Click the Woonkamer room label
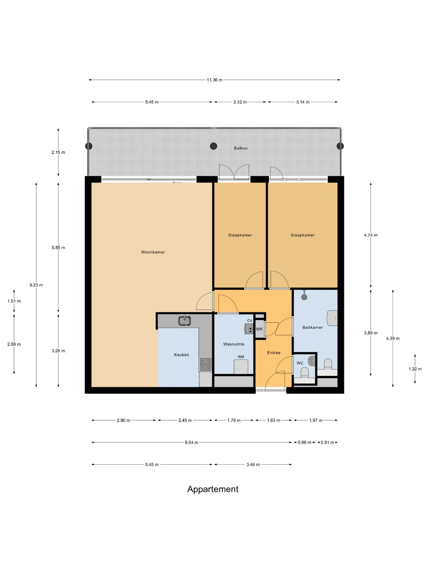(x=153, y=252)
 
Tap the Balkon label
(x=241, y=148)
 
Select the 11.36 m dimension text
(x=214, y=80)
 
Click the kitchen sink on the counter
(x=185, y=321)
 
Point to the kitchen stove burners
(x=205, y=365)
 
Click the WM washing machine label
(x=241, y=357)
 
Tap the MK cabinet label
(x=259, y=329)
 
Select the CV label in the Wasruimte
(x=250, y=321)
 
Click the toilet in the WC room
(x=305, y=373)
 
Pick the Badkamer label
(x=313, y=327)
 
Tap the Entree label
(x=274, y=353)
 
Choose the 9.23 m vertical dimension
(x=36, y=285)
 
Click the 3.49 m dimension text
(x=253, y=464)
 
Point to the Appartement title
(x=213, y=489)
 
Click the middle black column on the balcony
(x=213, y=146)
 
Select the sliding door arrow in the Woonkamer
(x=177, y=183)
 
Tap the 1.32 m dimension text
(x=415, y=369)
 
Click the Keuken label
(x=181, y=355)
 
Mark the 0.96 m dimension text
(x=304, y=442)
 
